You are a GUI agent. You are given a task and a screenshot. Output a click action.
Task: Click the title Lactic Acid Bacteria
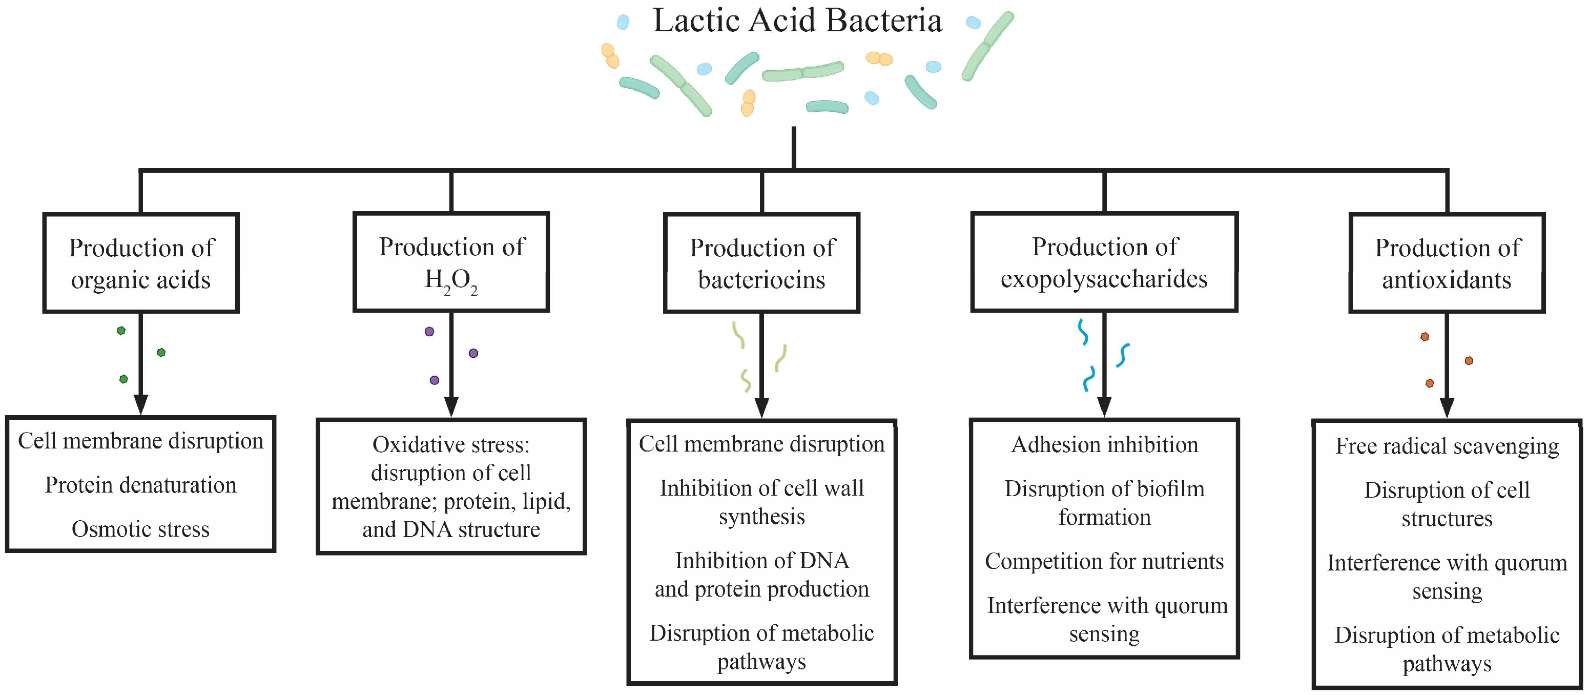(797, 21)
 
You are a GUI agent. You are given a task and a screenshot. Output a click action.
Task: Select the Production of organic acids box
(140, 263)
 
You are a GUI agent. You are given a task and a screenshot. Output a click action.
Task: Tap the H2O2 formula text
(451, 281)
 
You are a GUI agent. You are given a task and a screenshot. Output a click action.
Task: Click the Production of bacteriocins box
(762, 263)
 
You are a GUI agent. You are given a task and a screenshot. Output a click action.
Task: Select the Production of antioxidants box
(1447, 263)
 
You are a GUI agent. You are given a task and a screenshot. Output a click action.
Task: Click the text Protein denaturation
(140, 485)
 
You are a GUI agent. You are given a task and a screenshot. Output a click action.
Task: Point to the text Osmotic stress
(140, 529)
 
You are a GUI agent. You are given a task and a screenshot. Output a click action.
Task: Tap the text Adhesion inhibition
(1104, 444)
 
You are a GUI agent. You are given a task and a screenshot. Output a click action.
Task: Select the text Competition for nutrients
(1104, 561)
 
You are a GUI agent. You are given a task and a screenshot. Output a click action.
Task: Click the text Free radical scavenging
(1447, 445)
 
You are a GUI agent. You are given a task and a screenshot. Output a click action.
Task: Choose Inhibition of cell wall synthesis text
(762, 502)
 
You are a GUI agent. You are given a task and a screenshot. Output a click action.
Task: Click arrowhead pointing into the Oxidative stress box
(451, 407)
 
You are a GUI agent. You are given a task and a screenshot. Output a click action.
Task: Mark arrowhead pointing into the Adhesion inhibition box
(1104, 407)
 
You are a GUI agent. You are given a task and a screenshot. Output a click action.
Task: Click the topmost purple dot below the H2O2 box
(429, 332)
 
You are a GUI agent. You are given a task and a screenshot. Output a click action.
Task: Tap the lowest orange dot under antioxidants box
(1430, 383)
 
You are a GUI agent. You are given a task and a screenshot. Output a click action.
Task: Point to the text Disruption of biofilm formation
(1104, 502)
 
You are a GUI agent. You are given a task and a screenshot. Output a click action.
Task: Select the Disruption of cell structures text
(1447, 504)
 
